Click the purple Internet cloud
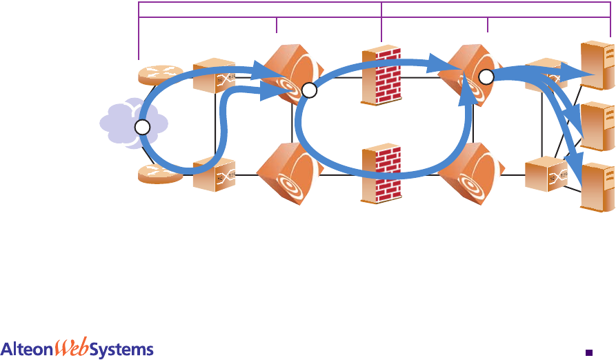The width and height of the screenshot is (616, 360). pyautogui.click(x=117, y=121)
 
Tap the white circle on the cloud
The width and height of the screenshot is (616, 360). pyautogui.click(x=141, y=128)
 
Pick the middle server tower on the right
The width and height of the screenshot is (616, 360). pyautogui.click(x=597, y=126)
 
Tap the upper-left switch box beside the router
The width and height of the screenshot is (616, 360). pyautogui.click(x=212, y=76)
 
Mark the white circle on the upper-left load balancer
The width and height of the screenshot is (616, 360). pyautogui.click(x=308, y=90)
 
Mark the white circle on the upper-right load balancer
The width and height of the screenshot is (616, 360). pyautogui.click(x=486, y=77)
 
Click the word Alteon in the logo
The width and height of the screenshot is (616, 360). pyautogui.click(x=28, y=348)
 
